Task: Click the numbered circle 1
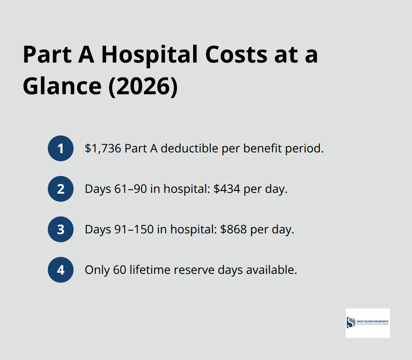pyautogui.click(x=61, y=148)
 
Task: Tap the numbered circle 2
pyautogui.click(x=61, y=189)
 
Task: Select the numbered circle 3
pyautogui.click(x=61, y=229)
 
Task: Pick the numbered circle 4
pyautogui.click(x=61, y=270)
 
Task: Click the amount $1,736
pyautogui.click(x=103, y=149)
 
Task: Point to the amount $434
pyautogui.click(x=227, y=189)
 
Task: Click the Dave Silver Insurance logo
pyautogui.click(x=367, y=323)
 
